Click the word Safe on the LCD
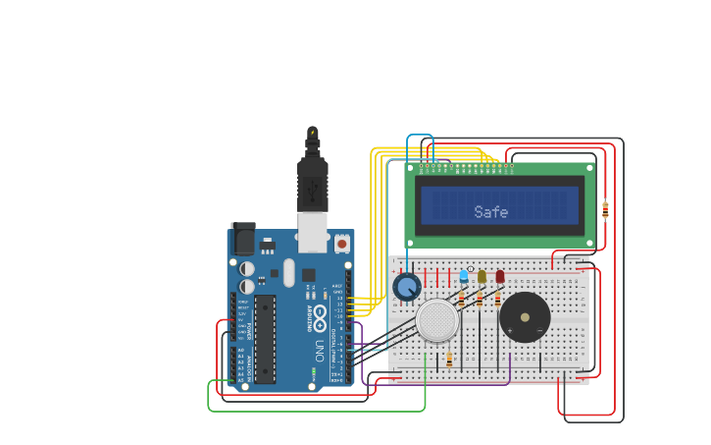pyautogui.click(x=490, y=212)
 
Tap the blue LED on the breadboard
pyautogui.click(x=464, y=277)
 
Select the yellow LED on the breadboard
pyautogui.click(x=482, y=277)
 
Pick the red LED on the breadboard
pyautogui.click(x=499, y=277)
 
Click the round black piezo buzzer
pyautogui.click(x=525, y=317)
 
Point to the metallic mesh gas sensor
pyautogui.click(x=437, y=321)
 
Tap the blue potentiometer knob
pyautogui.click(x=407, y=287)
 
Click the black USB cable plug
pyautogui.click(x=312, y=187)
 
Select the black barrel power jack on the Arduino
pyautogui.click(x=242, y=240)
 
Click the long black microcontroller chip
pyautogui.click(x=265, y=339)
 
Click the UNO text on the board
pyautogui.click(x=319, y=349)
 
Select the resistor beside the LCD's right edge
pyautogui.click(x=605, y=209)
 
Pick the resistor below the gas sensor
pyautogui.click(x=449, y=360)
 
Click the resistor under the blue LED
pyautogui.click(x=461, y=299)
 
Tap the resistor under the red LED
pyautogui.click(x=497, y=299)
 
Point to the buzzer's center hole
pyautogui.click(x=525, y=317)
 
